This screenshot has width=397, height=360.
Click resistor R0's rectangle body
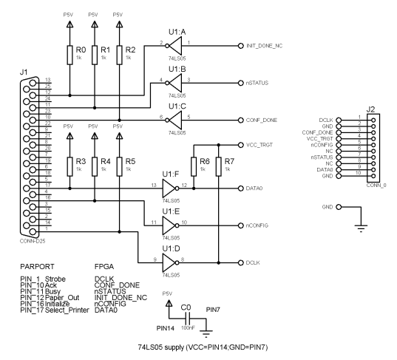[70, 55]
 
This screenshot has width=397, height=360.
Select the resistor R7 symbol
[219, 166]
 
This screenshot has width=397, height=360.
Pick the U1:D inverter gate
[170, 262]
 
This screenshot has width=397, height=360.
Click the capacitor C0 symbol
[188, 318]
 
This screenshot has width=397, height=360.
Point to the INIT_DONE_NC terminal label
[265, 46]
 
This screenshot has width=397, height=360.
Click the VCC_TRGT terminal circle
[240, 145]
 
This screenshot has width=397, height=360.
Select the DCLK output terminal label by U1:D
[253, 262]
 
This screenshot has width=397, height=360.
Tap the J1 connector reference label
[24, 72]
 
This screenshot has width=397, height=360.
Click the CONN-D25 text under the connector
[33, 241]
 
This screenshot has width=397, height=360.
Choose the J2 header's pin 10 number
[358, 173]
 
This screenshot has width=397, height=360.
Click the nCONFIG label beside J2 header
[322, 145]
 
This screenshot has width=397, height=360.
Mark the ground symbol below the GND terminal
[361, 228]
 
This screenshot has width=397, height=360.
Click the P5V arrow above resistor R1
[95, 24]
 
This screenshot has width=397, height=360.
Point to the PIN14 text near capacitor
[166, 328]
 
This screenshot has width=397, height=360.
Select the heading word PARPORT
[37, 267]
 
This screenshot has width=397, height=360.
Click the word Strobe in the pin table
[55, 279]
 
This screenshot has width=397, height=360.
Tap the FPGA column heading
[104, 267]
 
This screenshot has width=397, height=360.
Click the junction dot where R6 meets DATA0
[194, 189]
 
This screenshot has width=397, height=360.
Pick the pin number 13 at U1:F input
[154, 185]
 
